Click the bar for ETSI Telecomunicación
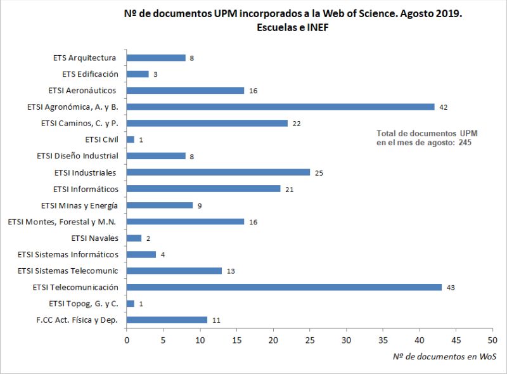[284, 287]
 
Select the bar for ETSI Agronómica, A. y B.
[280, 106]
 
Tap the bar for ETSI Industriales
[218, 172]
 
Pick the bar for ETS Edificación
[138, 74]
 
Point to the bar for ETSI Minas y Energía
[160, 205]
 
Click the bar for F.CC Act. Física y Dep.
[167, 320]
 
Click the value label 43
[452, 288]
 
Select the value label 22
[297, 123]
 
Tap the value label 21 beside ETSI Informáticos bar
[289, 189]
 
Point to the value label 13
[231, 271]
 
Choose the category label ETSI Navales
[95, 238]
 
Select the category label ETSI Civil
[101, 139]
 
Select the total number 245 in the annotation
[466, 143]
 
